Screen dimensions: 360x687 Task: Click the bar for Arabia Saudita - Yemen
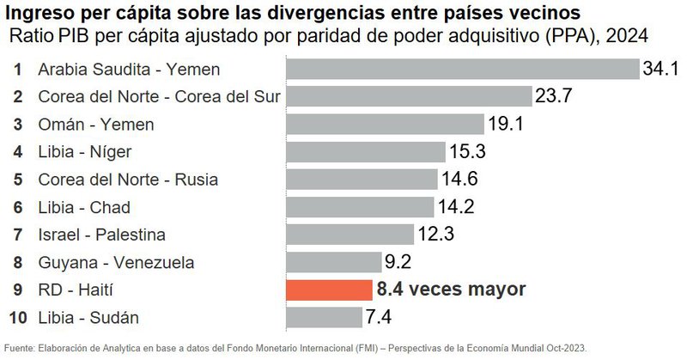click(462, 69)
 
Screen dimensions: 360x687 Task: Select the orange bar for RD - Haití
click(327, 289)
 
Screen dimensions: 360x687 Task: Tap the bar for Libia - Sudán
click(323, 316)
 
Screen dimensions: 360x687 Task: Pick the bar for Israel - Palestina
click(351, 234)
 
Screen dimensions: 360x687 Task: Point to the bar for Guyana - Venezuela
click(333, 261)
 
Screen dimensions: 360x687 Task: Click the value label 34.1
click(661, 69)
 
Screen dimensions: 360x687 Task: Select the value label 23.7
click(554, 96)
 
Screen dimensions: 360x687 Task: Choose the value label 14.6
click(459, 179)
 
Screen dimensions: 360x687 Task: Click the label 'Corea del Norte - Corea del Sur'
click(160, 96)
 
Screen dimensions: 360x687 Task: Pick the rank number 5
click(18, 179)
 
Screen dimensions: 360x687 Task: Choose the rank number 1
click(18, 69)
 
